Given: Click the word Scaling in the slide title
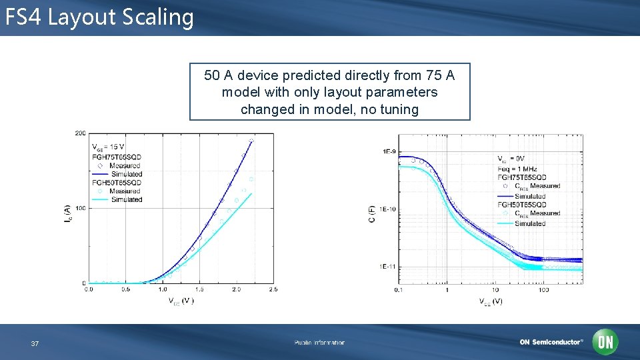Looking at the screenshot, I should [158, 17].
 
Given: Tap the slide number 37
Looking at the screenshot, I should [35, 343].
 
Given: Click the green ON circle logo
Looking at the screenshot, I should [605, 342].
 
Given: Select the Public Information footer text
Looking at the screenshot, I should [319, 343].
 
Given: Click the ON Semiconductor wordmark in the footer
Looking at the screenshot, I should [551, 342].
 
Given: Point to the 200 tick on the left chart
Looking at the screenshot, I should [80, 133].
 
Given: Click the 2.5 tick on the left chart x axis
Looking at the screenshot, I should [273, 289].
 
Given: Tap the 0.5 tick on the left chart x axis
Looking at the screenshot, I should [125, 289].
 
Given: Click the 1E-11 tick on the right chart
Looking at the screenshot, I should [389, 267].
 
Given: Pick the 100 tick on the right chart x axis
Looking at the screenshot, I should [543, 290].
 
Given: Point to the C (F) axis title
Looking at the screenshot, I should [372, 213].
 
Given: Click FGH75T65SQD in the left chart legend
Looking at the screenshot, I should [117, 157].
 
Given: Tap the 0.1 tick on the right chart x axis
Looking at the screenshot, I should [399, 290].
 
